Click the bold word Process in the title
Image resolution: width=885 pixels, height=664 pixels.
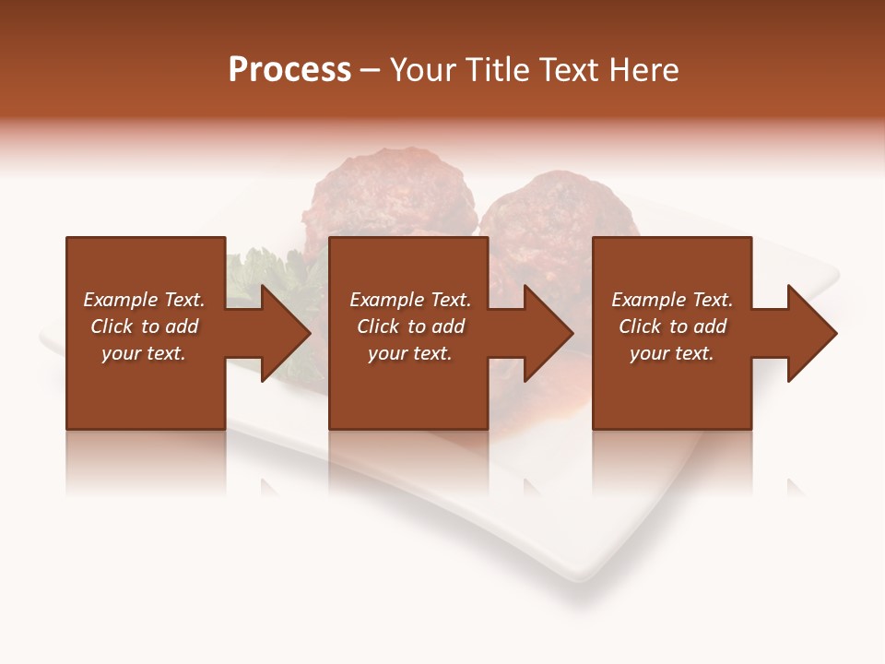pyautogui.click(x=289, y=70)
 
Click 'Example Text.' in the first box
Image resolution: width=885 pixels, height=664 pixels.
pyautogui.click(x=144, y=300)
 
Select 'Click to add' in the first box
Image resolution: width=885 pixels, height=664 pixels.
pyautogui.click(x=144, y=326)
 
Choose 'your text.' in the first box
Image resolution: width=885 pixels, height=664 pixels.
pyautogui.click(x=144, y=353)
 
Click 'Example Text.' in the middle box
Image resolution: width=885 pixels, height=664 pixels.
pyautogui.click(x=410, y=300)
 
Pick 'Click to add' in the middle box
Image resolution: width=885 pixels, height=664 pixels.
pyautogui.click(x=410, y=326)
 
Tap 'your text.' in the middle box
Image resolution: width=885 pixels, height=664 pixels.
pyautogui.click(x=410, y=353)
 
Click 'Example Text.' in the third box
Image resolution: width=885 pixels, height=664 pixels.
pyautogui.click(x=672, y=300)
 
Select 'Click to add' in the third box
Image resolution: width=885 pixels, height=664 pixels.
pyautogui.click(x=672, y=326)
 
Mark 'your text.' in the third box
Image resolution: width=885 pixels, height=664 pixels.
pyautogui.click(x=672, y=353)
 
